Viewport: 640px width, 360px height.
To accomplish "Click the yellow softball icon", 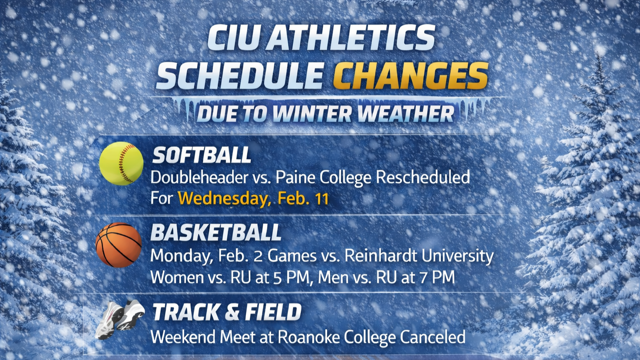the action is pyautogui.click(x=121, y=163).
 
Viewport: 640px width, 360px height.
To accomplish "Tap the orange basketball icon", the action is pyautogui.click(x=118, y=245).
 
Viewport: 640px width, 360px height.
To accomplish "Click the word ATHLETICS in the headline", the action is pyautogui.click(x=350, y=37).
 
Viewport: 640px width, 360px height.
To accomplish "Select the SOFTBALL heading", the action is pyautogui.click(x=201, y=155).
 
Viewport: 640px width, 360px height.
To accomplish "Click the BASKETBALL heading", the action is pyautogui.click(x=216, y=232).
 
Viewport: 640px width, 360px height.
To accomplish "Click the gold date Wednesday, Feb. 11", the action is pyautogui.click(x=253, y=198).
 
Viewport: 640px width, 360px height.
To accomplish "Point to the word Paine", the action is pyautogui.click(x=295, y=177).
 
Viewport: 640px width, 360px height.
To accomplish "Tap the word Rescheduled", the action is pyautogui.click(x=423, y=178).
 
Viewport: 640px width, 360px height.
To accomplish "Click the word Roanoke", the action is pyautogui.click(x=309, y=337).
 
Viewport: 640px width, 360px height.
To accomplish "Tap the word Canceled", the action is pyautogui.click(x=432, y=337).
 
